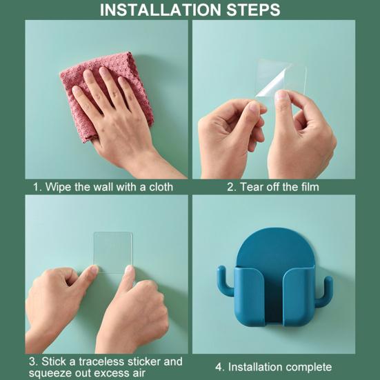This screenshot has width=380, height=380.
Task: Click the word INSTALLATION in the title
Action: (161, 10)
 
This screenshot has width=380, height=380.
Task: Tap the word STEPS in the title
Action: (253, 10)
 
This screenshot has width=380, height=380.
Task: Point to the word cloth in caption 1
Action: (161, 187)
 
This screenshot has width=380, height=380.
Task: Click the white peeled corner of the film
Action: (272, 83)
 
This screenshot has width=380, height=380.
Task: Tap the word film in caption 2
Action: (310, 187)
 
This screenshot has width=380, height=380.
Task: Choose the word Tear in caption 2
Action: (251, 187)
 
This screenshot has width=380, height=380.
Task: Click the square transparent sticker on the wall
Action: (113, 252)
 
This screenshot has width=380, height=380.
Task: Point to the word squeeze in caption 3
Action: (46, 372)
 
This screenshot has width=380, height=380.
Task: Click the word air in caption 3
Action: (138, 372)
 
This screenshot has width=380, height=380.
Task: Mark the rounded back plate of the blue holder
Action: (274, 247)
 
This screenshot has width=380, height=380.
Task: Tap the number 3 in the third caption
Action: (32, 361)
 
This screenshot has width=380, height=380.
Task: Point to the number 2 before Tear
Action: (230, 187)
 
